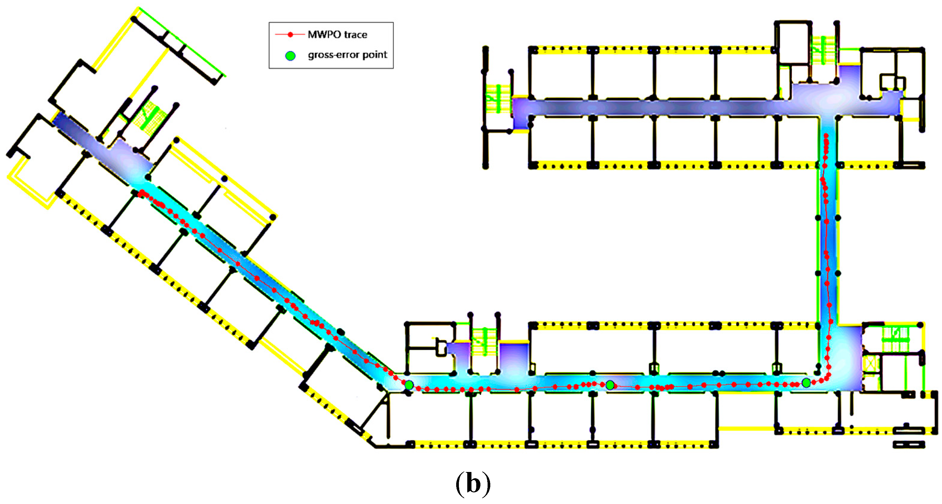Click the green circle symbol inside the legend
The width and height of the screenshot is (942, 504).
[x=290, y=56]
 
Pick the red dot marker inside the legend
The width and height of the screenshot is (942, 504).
[x=290, y=35]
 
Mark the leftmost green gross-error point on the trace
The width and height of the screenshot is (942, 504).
[x=409, y=385]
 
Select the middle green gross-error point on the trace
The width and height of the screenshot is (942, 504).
[x=610, y=385]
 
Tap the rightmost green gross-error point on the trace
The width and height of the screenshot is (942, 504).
[x=806, y=383]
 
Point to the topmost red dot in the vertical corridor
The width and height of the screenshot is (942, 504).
[x=826, y=136]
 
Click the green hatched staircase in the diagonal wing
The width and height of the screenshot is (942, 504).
[x=150, y=115]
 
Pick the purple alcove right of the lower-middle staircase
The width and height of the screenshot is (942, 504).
[x=514, y=357]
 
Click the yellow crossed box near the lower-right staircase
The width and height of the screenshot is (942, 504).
[x=870, y=364]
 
